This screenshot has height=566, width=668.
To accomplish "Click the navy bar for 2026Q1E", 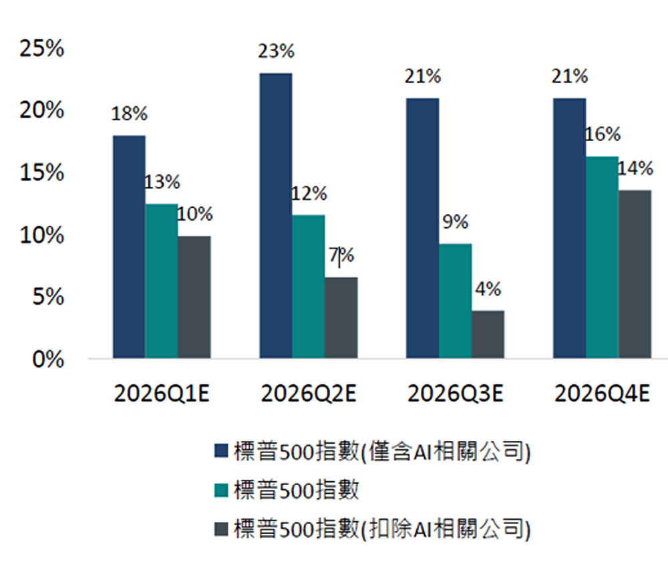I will (129, 247).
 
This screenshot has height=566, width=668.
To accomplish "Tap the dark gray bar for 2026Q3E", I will (488, 334).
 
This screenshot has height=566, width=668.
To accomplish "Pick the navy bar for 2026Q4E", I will (569, 228).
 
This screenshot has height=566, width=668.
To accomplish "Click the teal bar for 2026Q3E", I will (455, 301).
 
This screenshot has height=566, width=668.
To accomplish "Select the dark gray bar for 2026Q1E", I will (194, 297).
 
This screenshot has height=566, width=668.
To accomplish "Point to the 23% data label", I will (277, 51).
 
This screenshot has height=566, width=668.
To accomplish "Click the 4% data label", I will (488, 290).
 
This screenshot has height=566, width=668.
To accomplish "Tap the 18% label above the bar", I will (129, 114).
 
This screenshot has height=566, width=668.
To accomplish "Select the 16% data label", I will (603, 134).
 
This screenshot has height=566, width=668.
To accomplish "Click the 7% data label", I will (341, 256).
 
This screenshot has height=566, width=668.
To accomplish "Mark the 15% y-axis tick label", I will (41, 173).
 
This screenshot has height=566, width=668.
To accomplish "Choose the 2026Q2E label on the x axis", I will (309, 394).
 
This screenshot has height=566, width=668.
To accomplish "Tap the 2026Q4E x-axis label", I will (602, 394).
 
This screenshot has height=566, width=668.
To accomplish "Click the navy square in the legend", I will (221, 452).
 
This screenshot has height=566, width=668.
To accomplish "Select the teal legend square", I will (221, 490).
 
